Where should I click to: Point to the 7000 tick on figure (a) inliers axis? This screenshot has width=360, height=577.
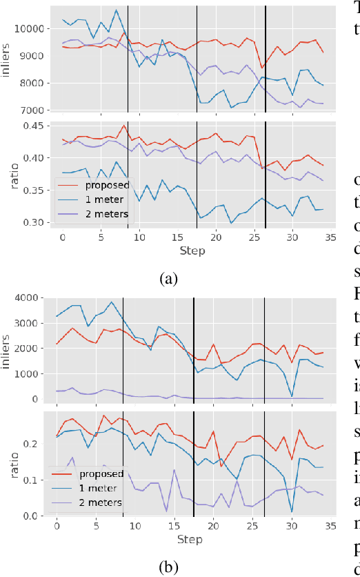[x=33, y=110]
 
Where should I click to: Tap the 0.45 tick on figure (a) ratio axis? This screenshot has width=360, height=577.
[x=35, y=126]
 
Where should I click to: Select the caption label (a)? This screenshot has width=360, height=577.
[x=169, y=260]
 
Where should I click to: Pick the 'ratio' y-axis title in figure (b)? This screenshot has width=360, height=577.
[x=10, y=463]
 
